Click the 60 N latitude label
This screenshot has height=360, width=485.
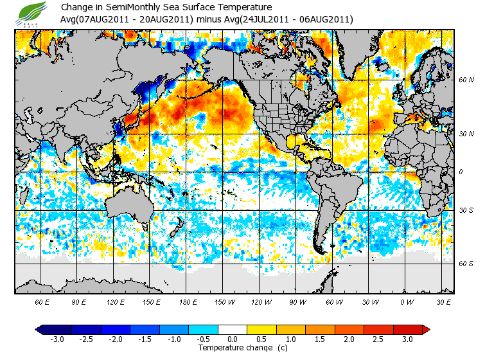[466, 80]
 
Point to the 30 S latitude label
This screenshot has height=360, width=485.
[466, 210]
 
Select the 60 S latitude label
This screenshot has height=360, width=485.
[466, 263]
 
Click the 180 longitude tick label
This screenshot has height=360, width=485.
[188, 301]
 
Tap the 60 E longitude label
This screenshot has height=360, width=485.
[42, 301]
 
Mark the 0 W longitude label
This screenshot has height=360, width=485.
[406, 301]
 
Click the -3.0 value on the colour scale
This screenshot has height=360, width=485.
[57, 339]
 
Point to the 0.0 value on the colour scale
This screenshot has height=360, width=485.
[233, 339]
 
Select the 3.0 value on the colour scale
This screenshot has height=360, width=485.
[407, 339]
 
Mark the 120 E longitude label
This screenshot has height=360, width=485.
[116, 301]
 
